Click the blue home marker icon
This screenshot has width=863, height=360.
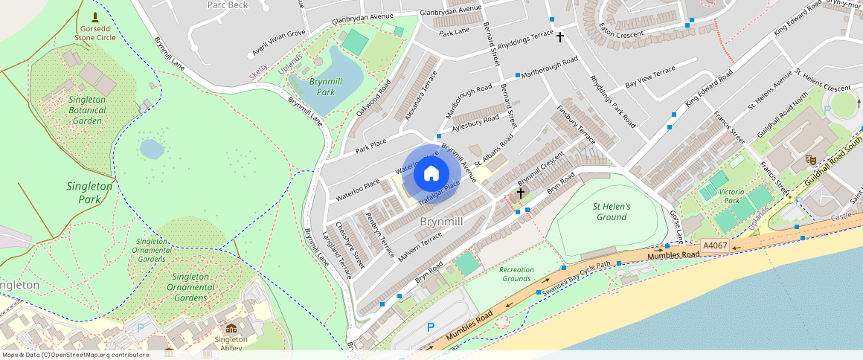point(431,174)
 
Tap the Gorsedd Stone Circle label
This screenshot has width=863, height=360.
point(94,31)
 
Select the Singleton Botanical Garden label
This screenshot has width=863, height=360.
point(87,110)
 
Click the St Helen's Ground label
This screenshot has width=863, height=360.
point(612,212)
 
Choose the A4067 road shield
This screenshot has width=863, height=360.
point(715,245)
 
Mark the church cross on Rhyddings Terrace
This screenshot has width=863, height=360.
point(559,36)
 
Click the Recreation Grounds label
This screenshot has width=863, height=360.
point(516,274)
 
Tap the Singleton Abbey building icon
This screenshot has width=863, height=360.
point(231,329)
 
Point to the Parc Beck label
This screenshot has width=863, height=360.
point(227,5)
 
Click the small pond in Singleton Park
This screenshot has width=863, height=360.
point(152,149)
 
